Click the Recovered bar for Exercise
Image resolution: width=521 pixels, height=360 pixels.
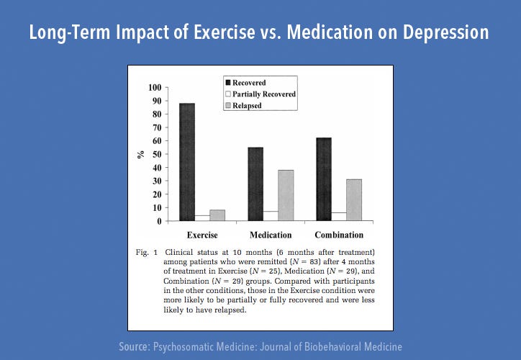pos(187,162)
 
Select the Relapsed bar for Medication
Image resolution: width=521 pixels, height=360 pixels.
pos(286,195)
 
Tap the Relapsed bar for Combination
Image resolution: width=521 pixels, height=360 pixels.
pos(353,200)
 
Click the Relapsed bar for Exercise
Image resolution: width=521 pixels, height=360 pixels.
pos(218,215)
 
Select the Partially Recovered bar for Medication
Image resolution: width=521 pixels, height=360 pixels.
pos(271,216)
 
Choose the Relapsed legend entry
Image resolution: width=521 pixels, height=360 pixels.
pos(247,105)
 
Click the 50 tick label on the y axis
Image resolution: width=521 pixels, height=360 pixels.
pos(155,155)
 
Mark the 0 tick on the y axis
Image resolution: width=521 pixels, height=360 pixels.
pos(158,221)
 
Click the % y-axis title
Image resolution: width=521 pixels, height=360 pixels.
pos(142,154)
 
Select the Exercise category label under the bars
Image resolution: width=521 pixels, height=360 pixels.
pos(202,235)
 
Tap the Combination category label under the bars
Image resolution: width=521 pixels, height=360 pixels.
pos(338,235)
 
